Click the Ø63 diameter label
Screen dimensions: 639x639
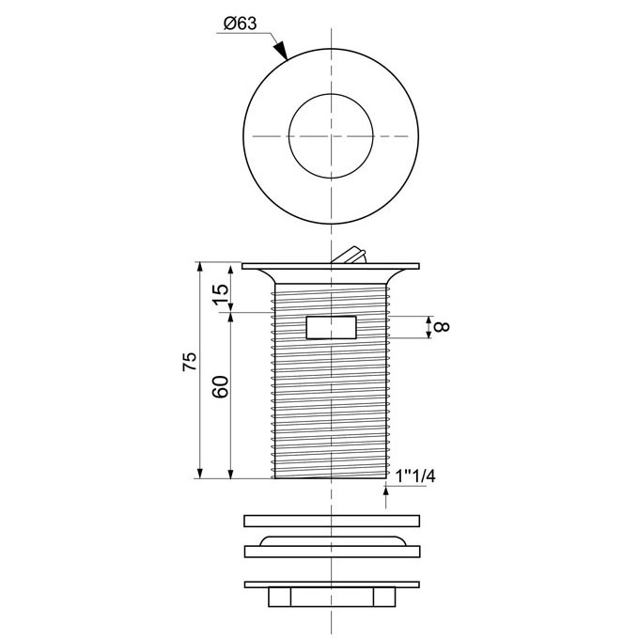click(x=241, y=23)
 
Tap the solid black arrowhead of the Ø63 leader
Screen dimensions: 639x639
click(x=281, y=51)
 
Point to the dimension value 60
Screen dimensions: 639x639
click(x=221, y=386)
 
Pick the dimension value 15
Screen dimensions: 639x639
click(x=221, y=294)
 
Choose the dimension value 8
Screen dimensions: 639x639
click(x=443, y=326)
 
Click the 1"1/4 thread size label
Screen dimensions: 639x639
click(x=415, y=476)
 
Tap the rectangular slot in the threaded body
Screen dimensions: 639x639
click(x=331, y=327)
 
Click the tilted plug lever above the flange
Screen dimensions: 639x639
click(x=349, y=256)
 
